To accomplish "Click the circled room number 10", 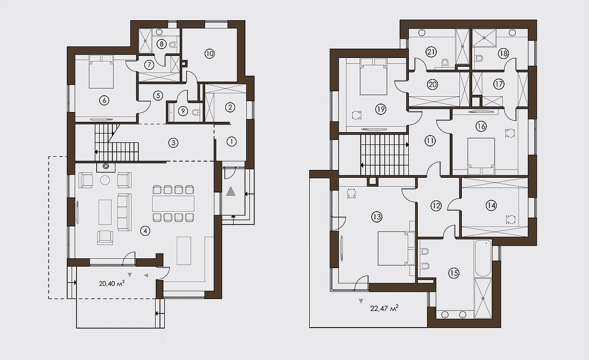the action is click(210, 54).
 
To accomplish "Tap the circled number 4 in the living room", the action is click(145, 231).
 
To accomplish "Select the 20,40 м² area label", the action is click(111, 283).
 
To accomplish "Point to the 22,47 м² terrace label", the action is click(384, 308).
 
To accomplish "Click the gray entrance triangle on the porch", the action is click(231, 192).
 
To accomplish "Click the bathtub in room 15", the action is click(483, 258).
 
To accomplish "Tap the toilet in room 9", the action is click(196, 112).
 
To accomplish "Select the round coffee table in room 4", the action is click(105, 180).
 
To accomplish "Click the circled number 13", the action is click(376, 217).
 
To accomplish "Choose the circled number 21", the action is click(431, 52).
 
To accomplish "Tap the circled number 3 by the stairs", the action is click(173, 143).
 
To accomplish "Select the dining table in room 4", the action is click(173, 203).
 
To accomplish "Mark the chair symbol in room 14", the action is click(510, 220).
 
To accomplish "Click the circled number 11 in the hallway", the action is click(430, 141).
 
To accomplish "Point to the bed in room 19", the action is click(374, 77).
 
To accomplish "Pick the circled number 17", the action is click(499, 84).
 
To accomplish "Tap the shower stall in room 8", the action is click(145, 41).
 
